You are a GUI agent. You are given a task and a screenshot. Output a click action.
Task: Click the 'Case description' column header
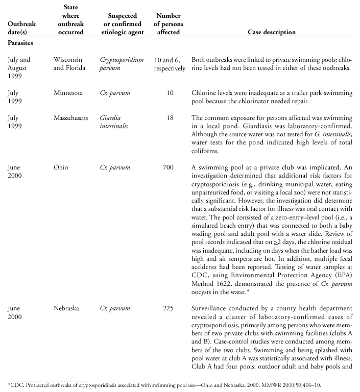[271, 32]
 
